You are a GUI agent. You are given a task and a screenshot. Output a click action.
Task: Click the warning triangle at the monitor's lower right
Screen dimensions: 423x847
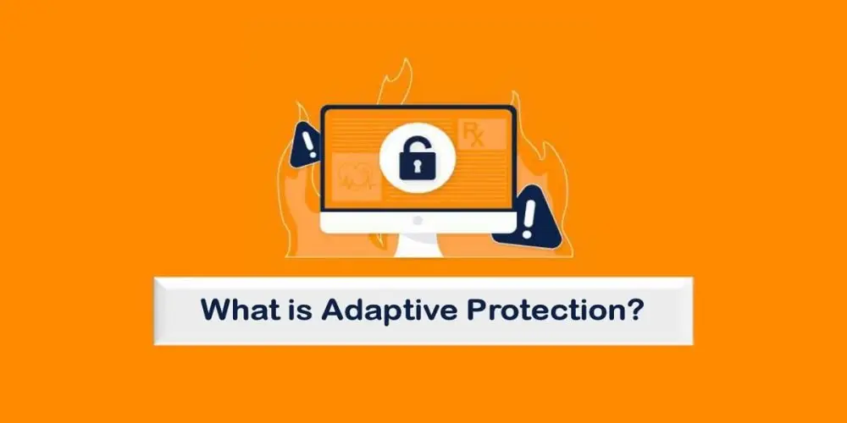(x=533, y=218)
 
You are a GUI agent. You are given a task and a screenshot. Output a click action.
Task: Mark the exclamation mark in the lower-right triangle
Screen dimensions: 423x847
(x=531, y=217)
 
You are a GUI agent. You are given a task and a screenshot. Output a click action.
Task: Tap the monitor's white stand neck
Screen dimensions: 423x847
(x=418, y=244)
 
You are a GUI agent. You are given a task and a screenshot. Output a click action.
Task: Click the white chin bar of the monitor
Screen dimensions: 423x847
(x=373, y=222)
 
